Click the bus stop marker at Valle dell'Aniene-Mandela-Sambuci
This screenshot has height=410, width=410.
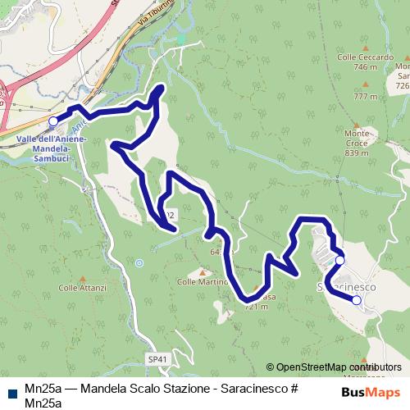coord(53,121)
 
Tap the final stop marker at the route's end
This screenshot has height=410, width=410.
coord(357,300)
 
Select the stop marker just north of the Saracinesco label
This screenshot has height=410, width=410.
coord(340,261)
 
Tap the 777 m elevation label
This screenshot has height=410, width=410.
coord(366,97)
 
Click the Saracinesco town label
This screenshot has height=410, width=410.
coord(347,288)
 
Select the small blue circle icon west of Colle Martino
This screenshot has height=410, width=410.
coord(139,263)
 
